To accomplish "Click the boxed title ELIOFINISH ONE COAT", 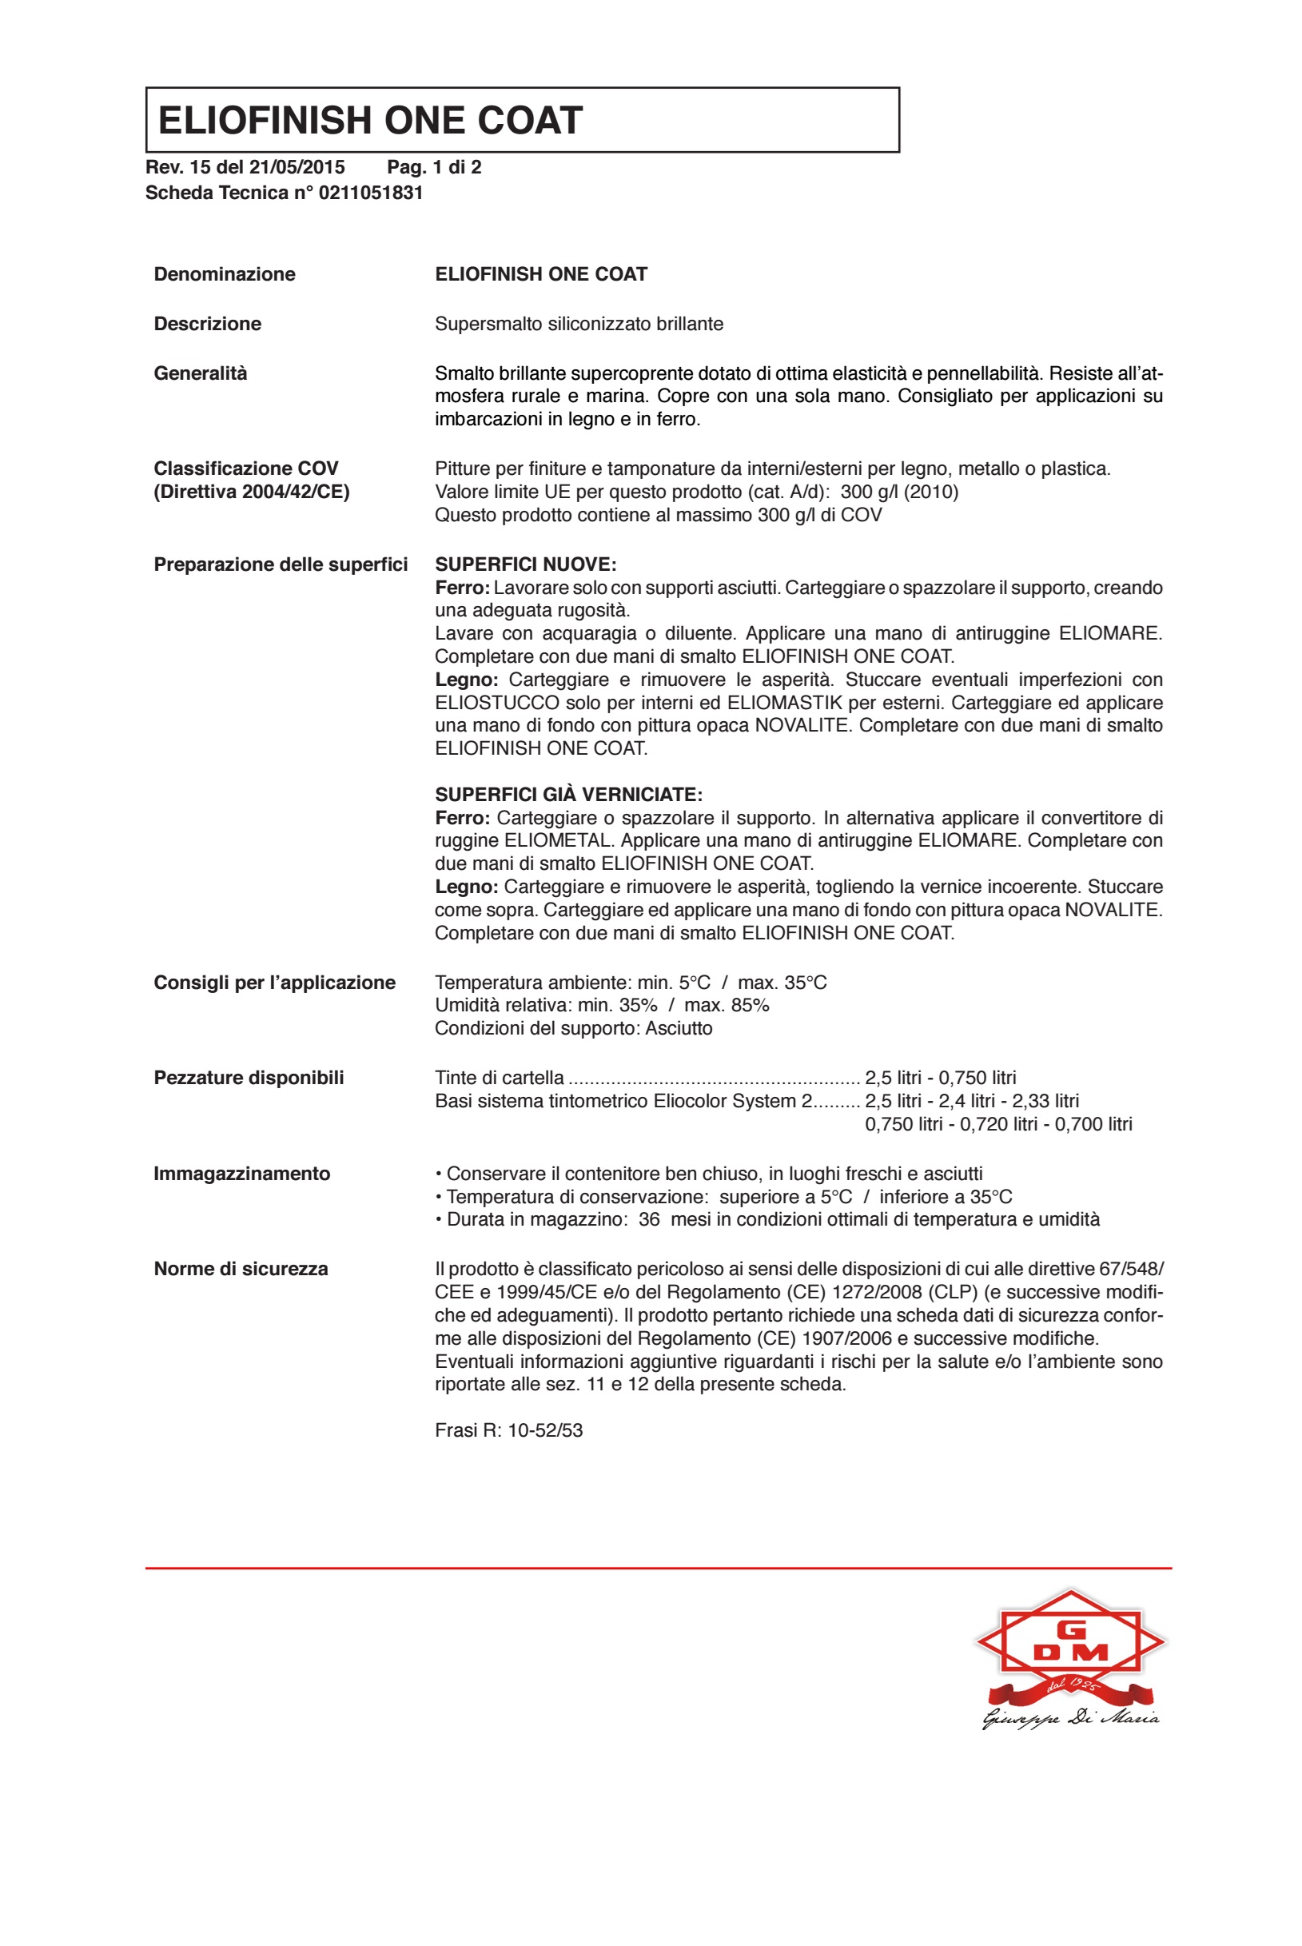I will coord(370,121).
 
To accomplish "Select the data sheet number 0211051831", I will coord(371,193).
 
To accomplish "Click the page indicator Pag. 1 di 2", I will coord(434,168).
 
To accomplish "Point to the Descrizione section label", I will coord(208,324).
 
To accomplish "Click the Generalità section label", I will coord(201,373).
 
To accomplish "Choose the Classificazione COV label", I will coord(246,469).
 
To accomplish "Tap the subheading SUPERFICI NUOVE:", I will coord(526,564).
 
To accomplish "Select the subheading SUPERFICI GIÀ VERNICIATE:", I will coord(569,795).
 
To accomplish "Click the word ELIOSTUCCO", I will coord(496,703).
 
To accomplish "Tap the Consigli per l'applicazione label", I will coord(275,983).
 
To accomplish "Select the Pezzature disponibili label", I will coord(249,1078).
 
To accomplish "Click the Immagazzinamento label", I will coord(242,1174).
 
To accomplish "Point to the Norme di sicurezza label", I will coord(241,1269).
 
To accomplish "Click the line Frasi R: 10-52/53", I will coord(509,1430).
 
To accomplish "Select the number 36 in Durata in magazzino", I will coord(649,1219).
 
